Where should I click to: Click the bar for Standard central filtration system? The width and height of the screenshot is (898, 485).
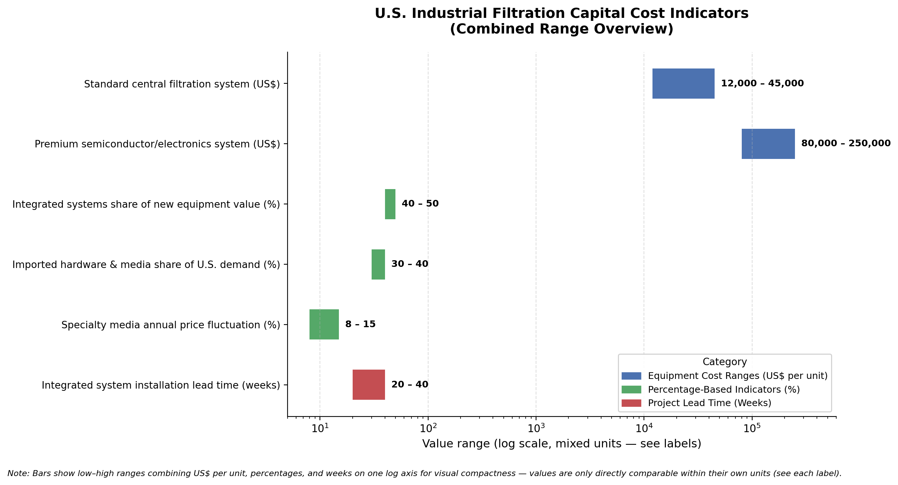[x=683, y=83]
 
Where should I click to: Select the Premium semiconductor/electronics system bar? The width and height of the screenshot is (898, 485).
[x=768, y=144]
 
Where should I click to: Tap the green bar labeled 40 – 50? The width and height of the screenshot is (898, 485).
[x=390, y=204]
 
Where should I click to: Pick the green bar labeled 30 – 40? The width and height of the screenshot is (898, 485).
[x=378, y=264]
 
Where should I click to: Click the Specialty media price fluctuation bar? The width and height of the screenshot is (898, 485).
[x=324, y=324]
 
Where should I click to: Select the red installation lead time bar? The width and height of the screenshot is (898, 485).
[x=369, y=385]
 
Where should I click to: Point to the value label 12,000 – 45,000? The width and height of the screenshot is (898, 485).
[x=762, y=83]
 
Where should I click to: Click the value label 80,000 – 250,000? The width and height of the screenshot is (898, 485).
[x=846, y=143]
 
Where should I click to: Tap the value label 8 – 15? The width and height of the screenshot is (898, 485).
[x=360, y=324]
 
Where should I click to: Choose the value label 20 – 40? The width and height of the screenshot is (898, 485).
[x=410, y=385]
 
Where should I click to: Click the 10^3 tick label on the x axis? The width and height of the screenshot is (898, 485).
[x=536, y=428]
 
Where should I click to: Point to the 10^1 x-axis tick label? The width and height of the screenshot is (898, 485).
[x=320, y=428]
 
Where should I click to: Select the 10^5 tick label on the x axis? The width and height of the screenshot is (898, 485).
[x=752, y=428]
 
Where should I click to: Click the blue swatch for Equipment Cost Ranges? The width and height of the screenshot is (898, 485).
[x=631, y=376]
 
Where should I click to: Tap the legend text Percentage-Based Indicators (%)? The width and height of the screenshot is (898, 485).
[x=724, y=390]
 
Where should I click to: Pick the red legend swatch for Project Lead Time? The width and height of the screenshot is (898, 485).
[x=631, y=403]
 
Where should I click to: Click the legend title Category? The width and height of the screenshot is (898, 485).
[x=725, y=362]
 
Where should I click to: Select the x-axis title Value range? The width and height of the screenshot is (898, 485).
[x=562, y=444]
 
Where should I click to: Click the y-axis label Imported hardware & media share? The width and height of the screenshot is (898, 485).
[x=146, y=265]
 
